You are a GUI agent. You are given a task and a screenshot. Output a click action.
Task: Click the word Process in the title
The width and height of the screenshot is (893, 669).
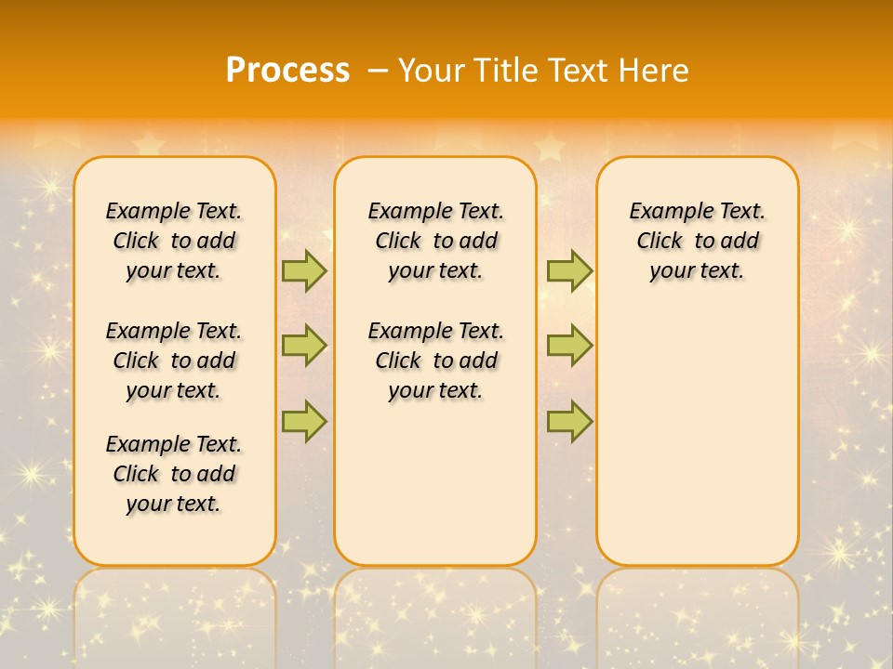click(287, 70)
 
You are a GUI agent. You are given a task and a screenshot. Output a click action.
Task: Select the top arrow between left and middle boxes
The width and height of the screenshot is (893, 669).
click(304, 270)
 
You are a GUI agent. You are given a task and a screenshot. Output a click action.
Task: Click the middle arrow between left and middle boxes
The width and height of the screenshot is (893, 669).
click(304, 346)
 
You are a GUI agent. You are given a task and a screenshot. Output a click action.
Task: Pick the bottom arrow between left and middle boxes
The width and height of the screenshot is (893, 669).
click(304, 421)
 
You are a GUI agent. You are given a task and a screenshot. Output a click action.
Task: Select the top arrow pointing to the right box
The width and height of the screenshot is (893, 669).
click(569, 270)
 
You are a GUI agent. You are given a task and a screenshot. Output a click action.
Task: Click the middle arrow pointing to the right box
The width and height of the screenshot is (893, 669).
click(569, 346)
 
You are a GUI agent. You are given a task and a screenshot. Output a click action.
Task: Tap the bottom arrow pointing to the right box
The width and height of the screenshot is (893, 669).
click(569, 421)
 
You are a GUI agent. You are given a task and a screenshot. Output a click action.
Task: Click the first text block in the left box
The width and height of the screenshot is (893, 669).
click(174, 241)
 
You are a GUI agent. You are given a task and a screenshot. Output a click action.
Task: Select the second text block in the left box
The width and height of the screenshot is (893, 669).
click(174, 361)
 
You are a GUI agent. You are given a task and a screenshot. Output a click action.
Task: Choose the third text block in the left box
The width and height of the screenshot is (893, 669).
click(174, 474)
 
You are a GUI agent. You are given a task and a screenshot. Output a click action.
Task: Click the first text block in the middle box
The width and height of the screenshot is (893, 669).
click(435, 241)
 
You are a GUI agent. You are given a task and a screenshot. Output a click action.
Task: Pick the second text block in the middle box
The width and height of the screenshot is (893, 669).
click(435, 361)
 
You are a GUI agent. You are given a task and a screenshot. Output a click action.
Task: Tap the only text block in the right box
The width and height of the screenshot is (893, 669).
click(697, 241)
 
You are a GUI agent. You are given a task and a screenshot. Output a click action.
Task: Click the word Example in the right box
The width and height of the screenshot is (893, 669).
click(664, 212)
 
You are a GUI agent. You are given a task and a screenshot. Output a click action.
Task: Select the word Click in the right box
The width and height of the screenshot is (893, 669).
click(660, 242)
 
